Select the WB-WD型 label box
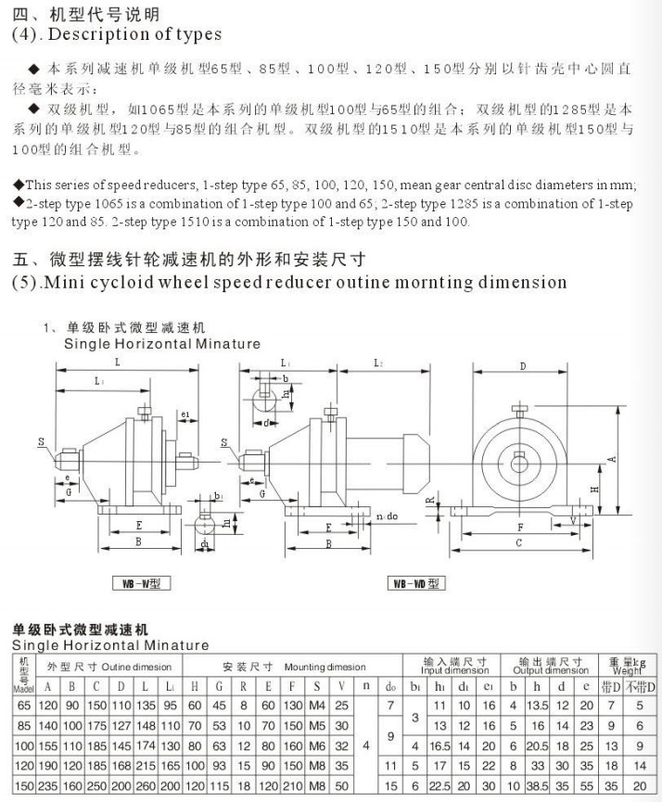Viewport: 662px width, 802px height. (x=415, y=584)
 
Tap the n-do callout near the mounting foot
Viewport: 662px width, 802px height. (x=388, y=516)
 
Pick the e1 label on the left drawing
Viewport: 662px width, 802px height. (x=186, y=414)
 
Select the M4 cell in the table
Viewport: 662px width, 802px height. (x=318, y=707)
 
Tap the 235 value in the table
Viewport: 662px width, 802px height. (x=49, y=786)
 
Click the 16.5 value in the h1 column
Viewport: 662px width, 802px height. (x=439, y=745)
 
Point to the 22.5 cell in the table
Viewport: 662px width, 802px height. (x=439, y=786)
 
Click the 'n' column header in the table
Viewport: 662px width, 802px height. (x=365, y=687)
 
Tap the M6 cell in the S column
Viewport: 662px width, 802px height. (x=318, y=745)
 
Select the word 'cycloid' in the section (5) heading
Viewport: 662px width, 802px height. (x=147, y=282)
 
